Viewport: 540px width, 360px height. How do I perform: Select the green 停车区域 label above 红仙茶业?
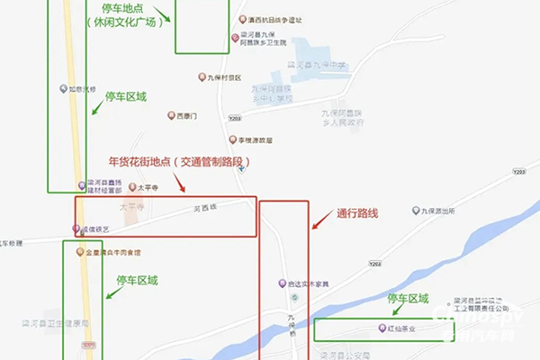[409, 299]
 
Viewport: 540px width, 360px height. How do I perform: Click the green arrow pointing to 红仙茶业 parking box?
[393, 310]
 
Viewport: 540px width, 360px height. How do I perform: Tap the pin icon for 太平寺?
[130, 189]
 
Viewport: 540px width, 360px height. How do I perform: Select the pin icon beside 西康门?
[171, 116]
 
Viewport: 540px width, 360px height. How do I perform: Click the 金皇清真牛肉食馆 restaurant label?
[112, 253]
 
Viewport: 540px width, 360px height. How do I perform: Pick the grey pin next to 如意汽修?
[63, 88]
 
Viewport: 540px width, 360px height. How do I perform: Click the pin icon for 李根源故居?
[231, 139]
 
